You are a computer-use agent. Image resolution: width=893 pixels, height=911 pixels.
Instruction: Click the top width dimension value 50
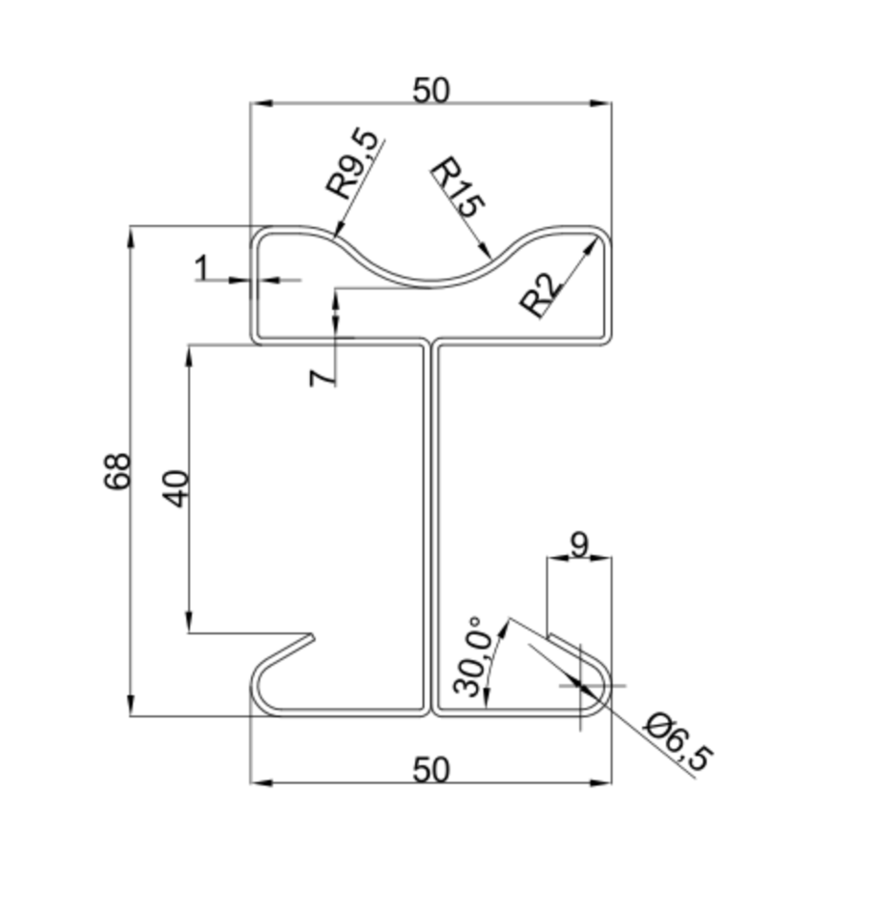430,90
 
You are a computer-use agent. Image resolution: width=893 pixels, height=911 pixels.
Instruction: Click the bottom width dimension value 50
430,770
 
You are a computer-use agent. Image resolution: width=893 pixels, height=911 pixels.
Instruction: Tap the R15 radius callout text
458,188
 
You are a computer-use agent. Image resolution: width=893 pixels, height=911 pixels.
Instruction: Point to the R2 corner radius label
540,297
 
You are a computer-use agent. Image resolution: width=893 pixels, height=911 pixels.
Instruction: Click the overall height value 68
117,471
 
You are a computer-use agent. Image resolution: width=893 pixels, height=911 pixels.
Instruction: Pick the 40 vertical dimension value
177,487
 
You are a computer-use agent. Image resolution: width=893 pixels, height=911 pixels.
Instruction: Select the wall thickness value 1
201,269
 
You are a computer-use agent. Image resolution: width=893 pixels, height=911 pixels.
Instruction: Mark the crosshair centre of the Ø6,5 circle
581,685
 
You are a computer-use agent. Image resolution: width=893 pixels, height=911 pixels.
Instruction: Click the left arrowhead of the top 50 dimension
254,103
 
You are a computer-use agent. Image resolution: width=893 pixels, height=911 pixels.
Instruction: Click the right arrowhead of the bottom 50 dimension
608,783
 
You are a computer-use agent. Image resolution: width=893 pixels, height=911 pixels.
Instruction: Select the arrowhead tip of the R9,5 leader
335,235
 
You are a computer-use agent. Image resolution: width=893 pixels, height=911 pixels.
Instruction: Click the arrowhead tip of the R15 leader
490,259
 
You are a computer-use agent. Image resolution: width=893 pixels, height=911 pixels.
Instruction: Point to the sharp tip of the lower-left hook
315,633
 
